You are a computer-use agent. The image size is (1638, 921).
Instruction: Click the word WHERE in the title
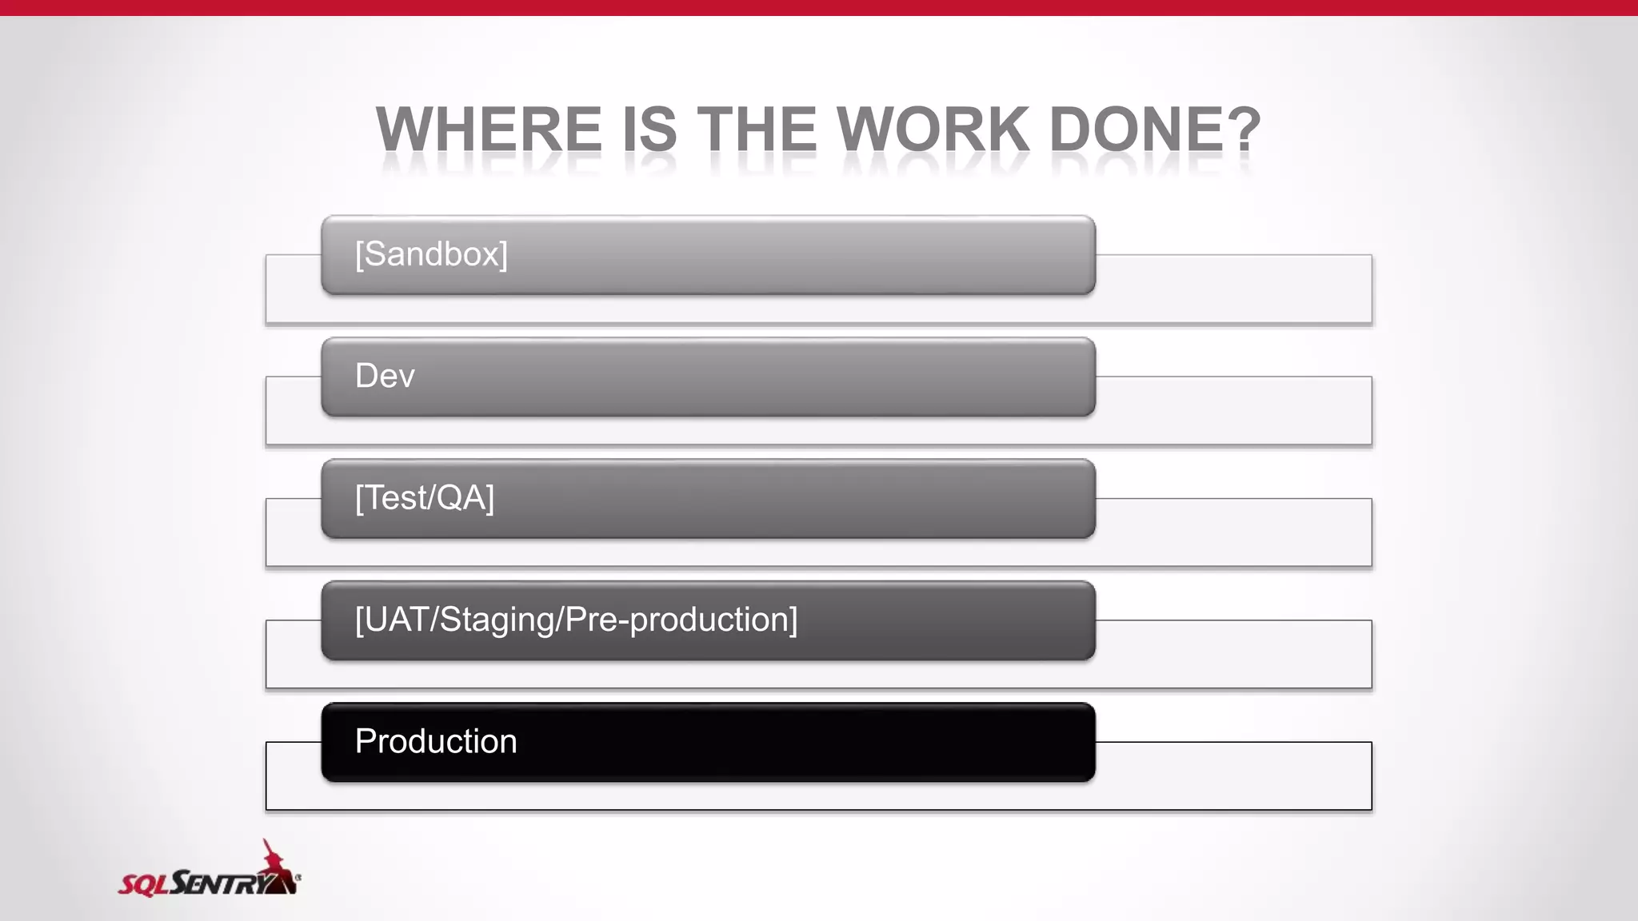(x=489, y=129)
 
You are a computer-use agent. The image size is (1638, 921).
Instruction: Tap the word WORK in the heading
(x=933, y=129)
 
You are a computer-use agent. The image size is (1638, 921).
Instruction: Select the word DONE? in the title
(x=1154, y=129)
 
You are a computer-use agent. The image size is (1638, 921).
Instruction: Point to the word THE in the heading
(x=757, y=129)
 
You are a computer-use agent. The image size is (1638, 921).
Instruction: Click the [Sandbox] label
(x=431, y=254)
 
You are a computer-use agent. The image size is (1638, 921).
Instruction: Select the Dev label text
(x=385, y=376)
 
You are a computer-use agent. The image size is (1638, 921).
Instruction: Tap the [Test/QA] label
(x=425, y=498)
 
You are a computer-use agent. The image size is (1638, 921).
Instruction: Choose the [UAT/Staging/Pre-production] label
(x=576, y=620)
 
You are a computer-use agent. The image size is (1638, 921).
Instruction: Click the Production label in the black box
(x=436, y=741)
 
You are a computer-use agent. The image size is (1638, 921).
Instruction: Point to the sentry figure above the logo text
(x=276, y=859)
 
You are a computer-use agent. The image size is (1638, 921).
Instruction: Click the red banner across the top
(x=819, y=7)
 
